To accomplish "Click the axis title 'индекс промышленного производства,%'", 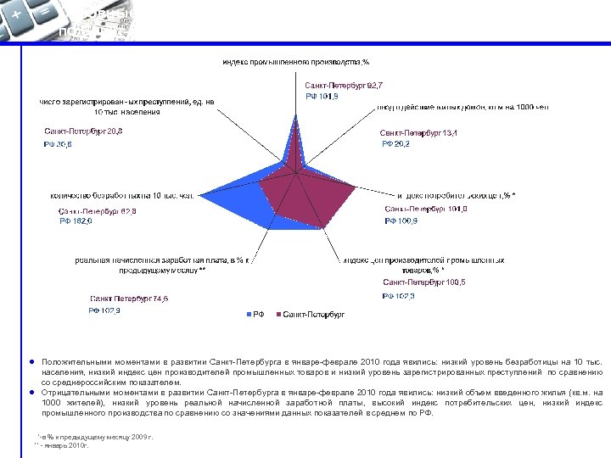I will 295,62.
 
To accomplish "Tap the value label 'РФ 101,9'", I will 322,97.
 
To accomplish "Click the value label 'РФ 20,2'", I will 395,145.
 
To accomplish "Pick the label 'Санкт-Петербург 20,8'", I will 83,131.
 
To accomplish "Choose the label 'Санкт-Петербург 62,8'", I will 98,210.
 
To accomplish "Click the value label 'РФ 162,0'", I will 76,221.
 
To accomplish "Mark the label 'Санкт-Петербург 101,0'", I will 423,209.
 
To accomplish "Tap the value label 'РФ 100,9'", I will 401,221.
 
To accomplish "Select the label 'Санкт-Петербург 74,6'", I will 129,299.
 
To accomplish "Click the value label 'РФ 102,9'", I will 105,310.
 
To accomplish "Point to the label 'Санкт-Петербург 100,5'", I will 422,282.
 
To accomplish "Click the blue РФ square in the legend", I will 248,314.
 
